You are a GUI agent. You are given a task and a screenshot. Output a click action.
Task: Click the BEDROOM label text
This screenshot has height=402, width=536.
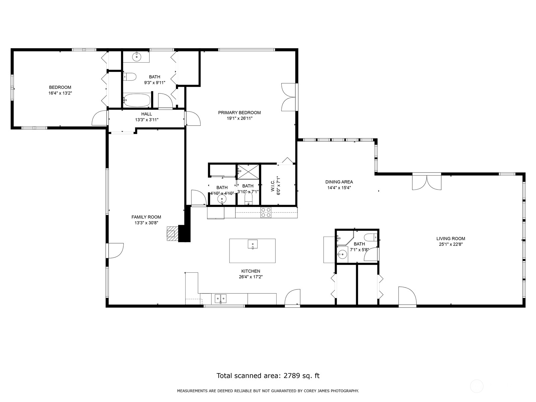pos(60,87)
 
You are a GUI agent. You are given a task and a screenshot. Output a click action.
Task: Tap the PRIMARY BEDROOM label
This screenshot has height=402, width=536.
pos(239,113)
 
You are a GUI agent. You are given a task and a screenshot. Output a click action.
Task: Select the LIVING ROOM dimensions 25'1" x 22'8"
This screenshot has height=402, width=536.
pos(451,244)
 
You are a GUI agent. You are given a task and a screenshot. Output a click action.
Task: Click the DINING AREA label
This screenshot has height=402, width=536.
pos(339,182)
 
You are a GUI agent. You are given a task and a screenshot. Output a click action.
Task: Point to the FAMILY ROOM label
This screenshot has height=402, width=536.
pos(146,217)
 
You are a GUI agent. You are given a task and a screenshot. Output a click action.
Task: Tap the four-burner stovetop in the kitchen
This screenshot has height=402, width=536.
pos(266,213)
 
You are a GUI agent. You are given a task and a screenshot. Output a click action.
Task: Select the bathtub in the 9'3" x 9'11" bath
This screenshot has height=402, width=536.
pos(137,99)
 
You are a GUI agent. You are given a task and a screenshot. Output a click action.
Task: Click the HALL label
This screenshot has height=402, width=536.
pos(146,114)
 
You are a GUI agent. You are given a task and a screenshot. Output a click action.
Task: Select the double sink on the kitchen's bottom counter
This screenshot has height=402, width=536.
pos(220,298)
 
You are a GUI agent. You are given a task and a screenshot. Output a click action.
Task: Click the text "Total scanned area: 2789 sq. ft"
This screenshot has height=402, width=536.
pos(268,376)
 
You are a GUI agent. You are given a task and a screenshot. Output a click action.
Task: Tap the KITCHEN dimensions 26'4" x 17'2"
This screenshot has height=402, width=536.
pos(251,277)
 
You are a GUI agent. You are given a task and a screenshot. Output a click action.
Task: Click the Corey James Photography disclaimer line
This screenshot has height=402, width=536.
pos(268,391)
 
